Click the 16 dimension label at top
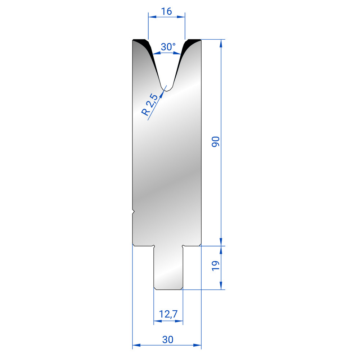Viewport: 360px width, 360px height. (166, 11)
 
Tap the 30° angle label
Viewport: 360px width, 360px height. (168, 47)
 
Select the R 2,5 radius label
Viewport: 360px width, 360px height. (150, 105)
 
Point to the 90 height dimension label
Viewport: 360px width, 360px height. (216, 141)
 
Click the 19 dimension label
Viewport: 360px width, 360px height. (216, 266)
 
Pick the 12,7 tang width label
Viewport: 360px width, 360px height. (168, 314)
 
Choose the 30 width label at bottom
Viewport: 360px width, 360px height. (168, 339)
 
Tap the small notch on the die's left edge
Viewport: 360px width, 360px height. (133, 212)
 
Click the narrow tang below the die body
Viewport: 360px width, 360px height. (168, 267)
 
